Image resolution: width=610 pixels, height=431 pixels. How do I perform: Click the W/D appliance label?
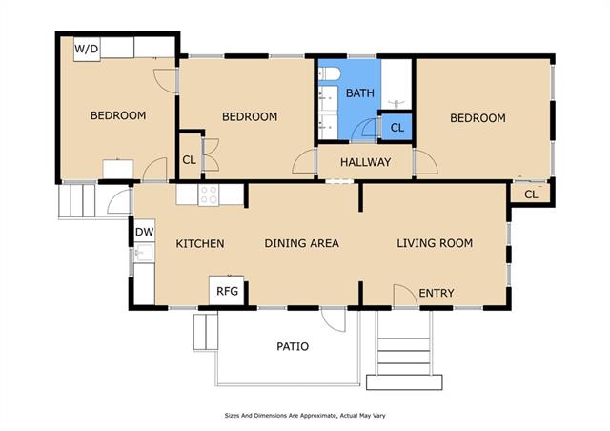tap(87, 49)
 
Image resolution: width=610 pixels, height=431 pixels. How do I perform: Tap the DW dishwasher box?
tap(145, 232)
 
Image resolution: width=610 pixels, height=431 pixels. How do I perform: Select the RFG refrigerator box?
tap(227, 291)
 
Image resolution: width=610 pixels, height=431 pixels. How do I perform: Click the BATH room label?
tap(360, 93)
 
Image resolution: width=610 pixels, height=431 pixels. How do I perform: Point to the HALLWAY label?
tap(365, 162)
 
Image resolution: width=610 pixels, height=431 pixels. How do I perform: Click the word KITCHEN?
tap(200, 244)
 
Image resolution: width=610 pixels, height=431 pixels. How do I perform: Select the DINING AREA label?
tap(301, 243)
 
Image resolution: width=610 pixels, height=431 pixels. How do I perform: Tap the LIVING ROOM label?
tap(435, 243)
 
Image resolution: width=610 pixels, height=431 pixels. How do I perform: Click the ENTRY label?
tap(437, 293)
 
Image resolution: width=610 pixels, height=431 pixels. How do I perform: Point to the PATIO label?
tap(293, 346)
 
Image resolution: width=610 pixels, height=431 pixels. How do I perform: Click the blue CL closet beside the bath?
tap(396, 128)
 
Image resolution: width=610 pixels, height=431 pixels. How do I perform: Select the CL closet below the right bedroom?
tap(531, 194)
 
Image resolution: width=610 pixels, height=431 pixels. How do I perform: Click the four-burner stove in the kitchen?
tap(209, 195)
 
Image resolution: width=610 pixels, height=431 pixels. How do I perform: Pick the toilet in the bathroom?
tap(329, 73)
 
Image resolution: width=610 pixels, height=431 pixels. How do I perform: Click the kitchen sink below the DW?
tap(144, 253)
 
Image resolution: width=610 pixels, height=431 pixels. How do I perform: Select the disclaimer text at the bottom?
tap(305, 416)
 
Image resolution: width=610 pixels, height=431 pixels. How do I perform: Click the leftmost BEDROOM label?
tap(118, 115)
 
